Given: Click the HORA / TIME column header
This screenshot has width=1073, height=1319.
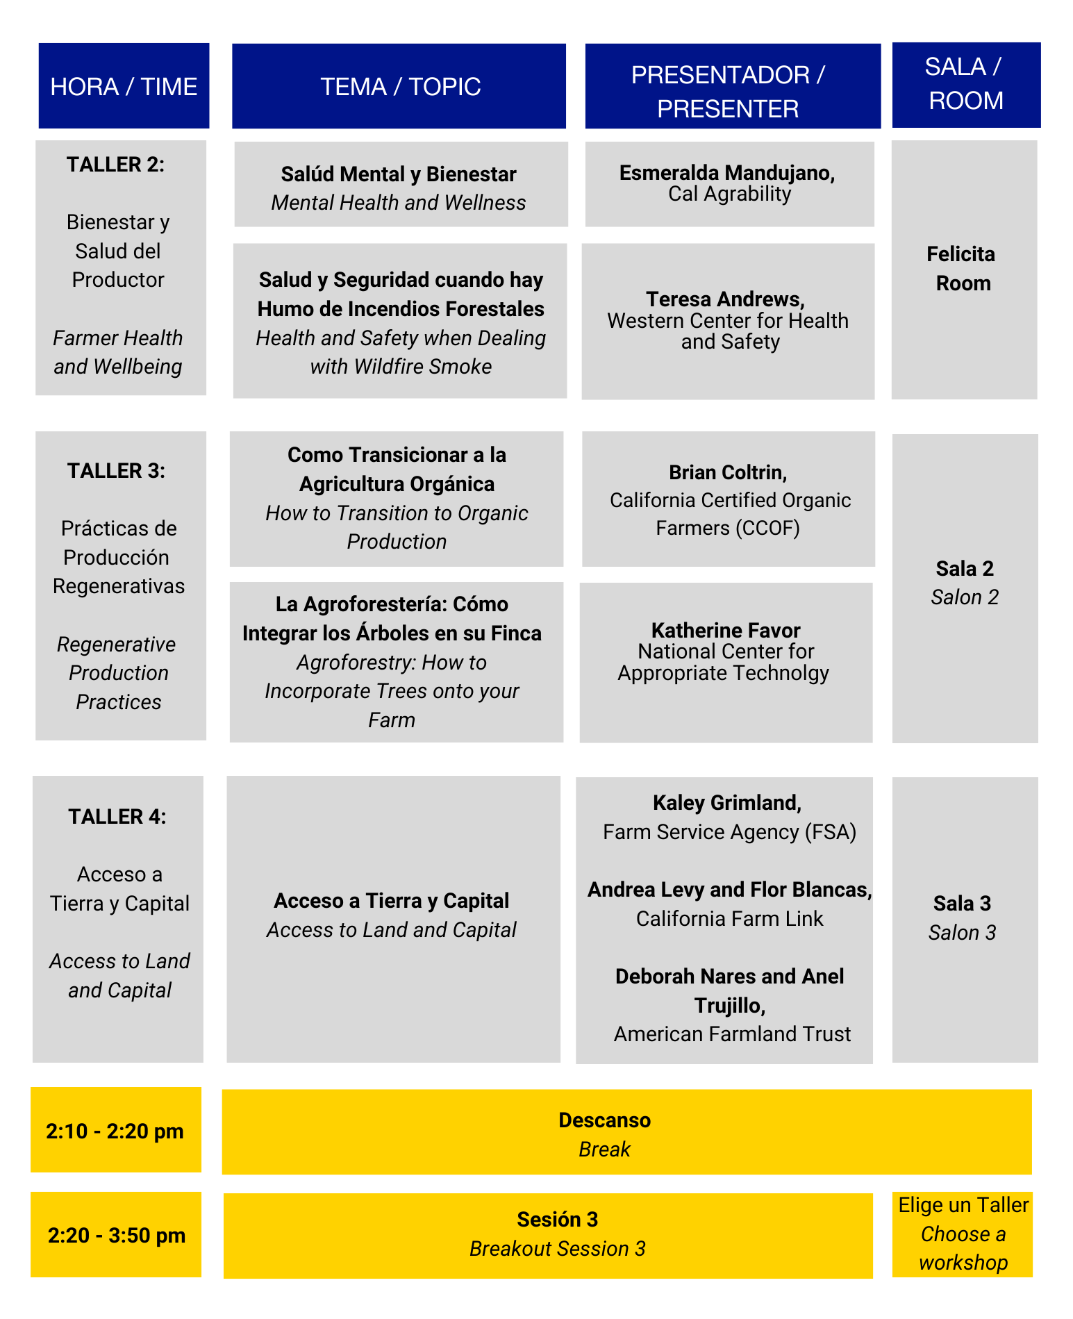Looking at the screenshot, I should pyautogui.click(x=124, y=87).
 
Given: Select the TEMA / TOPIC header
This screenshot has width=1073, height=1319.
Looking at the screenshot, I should pyautogui.click(x=400, y=87).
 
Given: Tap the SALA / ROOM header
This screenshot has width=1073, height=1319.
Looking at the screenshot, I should pyautogui.click(x=965, y=84).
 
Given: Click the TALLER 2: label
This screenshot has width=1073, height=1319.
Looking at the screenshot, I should pyautogui.click(x=116, y=165).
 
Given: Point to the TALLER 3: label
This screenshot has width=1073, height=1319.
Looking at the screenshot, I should pyautogui.click(x=117, y=471).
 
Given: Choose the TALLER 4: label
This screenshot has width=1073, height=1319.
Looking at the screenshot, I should pyautogui.click(x=117, y=817).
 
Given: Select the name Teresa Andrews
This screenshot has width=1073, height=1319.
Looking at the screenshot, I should pyautogui.click(x=725, y=299).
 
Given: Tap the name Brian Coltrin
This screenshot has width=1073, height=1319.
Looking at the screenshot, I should pyautogui.click(x=728, y=473).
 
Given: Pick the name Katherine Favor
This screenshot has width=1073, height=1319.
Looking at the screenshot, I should pyautogui.click(x=726, y=631).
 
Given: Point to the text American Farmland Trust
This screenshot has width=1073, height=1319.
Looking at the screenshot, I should pyautogui.click(x=732, y=1034).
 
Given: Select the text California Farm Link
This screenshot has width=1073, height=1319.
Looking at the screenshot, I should pyautogui.click(x=729, y=919).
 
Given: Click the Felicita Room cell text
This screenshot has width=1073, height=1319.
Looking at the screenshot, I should pyautogui.click(x=962, y=269).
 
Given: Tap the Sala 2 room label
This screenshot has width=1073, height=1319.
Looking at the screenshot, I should pyautogui.click(x=965, y=569).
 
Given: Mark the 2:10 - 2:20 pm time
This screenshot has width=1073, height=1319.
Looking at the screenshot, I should pyautogui.click(x=115, y=1131).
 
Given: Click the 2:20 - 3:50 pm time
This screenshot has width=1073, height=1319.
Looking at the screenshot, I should pyautogui.click(x=117, y=1236).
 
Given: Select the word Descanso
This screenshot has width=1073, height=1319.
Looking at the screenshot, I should pyautogui.click(x=604, y=1120).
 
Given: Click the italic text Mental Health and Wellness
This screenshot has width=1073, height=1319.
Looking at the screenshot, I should pyautogui.click(x=399, y=203).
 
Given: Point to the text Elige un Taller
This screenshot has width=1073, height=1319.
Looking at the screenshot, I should pyautogui.click(x=963, y=1205).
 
